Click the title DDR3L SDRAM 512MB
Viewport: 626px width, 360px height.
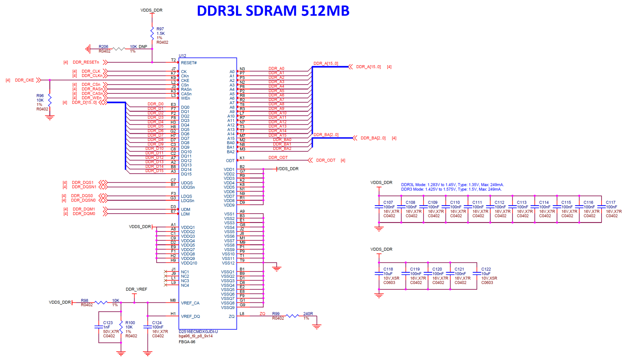pyautogui.click(x=273, y=11)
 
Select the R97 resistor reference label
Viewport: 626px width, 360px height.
pyautogui.click(x=160, y=29)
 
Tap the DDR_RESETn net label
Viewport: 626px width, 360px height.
pyautogui.click(x=86, y=62)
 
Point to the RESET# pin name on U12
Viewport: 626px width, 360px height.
pyautogui.click(x=189, y=63)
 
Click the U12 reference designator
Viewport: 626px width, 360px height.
pyautogui.click(x=182, y=56)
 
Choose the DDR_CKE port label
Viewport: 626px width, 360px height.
pyautogui.click(x=24, y=80)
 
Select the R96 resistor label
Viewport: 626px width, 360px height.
pyautogui.click(x=40, y=95)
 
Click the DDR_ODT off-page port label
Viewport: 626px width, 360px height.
pyautogui.click(x=325, y=160)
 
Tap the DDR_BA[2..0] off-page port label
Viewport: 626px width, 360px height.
pyautogui.click(x=373, y=138)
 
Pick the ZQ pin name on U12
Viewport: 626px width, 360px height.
pyautogui.click(x=231, y=316)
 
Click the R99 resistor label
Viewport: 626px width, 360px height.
pyautogui.click(x=276, y=314)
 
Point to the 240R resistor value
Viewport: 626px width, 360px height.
pyautogui.click(x=308, y=314)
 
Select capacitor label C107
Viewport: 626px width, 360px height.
pyautogui.click(x=388, y=202)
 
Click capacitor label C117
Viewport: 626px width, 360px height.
pyautogui.click(x=610, y=202)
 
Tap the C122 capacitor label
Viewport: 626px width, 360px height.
pyautogui.click(x=486, y=269)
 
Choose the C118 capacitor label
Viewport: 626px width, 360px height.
pyautogui.click(x=388, y=269)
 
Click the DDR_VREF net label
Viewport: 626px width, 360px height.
pyautogui.click(x=136, y=289)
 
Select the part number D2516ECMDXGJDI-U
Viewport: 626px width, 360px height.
pyautogui.click(x=198, y=331)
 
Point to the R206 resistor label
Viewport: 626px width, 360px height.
pyautogui.click(x=103, y=47)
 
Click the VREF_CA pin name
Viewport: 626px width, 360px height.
pyautogui.click(x=190, y=303)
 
